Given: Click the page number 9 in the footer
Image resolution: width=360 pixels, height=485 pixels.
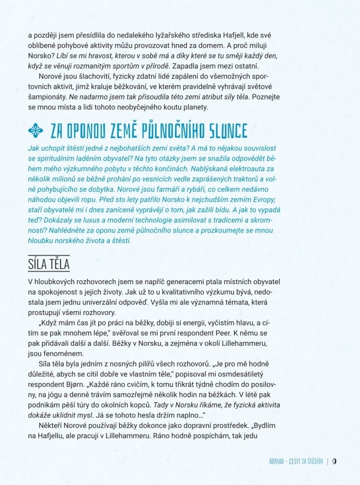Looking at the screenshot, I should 335,461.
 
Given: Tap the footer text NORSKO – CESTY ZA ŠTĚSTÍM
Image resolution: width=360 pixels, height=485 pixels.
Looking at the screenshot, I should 296,461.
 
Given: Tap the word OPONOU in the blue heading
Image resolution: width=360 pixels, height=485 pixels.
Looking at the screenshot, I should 84,131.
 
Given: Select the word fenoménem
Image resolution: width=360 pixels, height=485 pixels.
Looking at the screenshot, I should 64,348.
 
